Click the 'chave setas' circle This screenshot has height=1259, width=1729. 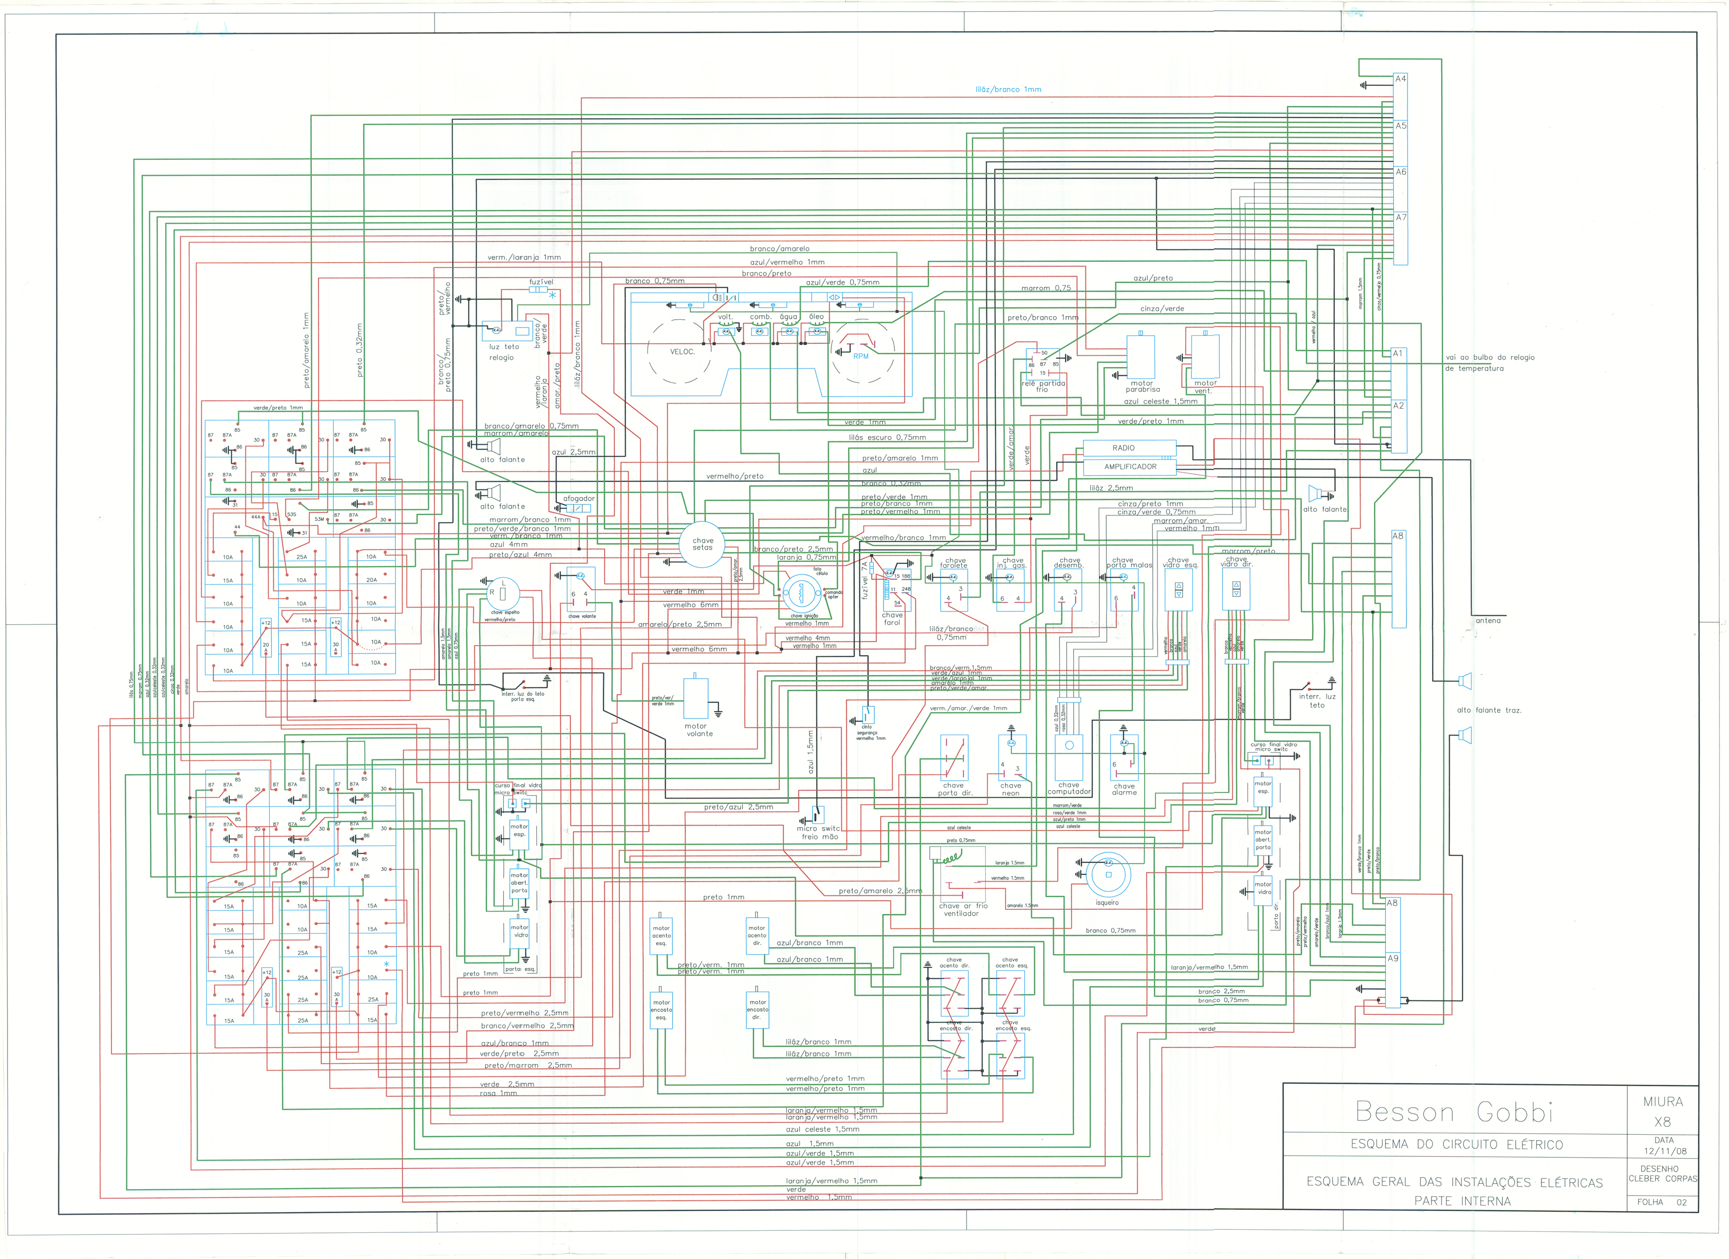click(702, 544)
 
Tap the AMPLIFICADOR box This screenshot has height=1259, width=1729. click(1130, 466)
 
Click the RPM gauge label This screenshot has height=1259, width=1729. click(861, 357)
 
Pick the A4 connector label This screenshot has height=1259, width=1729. click(1401, 78)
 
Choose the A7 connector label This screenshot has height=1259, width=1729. click(1401, 217)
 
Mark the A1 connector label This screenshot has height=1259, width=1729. click(1397, 353)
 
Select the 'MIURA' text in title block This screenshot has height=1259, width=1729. click(1663, 1101)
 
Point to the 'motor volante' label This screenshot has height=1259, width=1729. click(699, 730)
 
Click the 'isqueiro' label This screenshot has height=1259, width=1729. click(1107, 902)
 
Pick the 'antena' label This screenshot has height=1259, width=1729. click(1487, 620)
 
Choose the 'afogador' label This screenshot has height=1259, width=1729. click(578, 498)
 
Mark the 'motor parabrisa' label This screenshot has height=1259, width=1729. click(1142, 386)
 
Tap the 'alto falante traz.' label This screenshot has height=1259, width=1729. click(1488, 711)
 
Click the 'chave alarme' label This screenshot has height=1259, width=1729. click(1124, 789)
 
